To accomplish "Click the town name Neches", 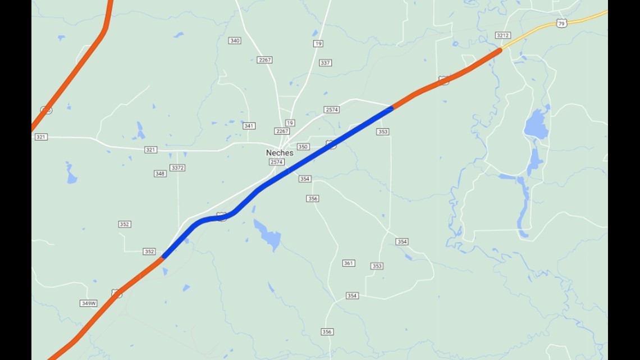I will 280,153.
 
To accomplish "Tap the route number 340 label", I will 235,40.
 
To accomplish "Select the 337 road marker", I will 325,63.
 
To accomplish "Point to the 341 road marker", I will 249,126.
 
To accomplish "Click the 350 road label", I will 303,147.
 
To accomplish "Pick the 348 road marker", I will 160,174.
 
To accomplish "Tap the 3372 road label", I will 177,168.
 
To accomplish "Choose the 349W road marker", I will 89,303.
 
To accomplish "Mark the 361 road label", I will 349,263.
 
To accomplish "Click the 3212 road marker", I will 502,35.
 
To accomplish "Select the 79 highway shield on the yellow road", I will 562,23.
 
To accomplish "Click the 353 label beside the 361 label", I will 377,266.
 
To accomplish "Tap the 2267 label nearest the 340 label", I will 264,60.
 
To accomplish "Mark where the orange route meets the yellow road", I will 501,49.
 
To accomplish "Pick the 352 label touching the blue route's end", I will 149,252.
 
